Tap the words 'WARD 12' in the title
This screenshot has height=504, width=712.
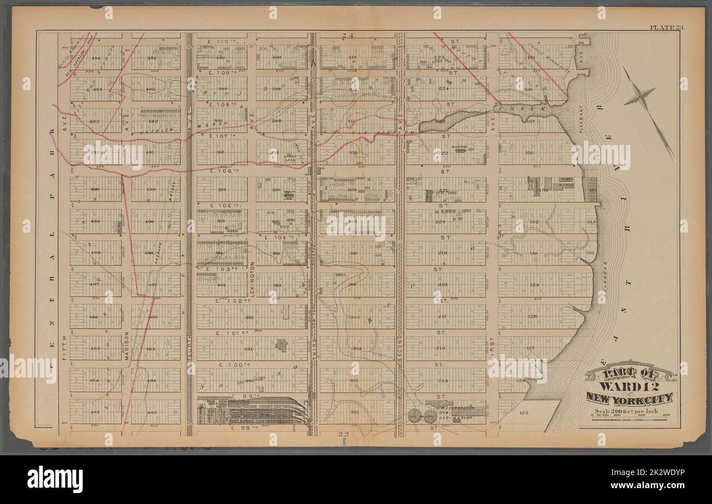pyautogui.click(x=629, y=386)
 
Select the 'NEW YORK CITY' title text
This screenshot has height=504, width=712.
pyautogui.click(x=629, y=398)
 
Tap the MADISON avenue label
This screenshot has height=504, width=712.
pyautogui.click(x=126, y=346)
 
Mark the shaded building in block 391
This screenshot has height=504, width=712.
pyautogui.click(x=281, y=346)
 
